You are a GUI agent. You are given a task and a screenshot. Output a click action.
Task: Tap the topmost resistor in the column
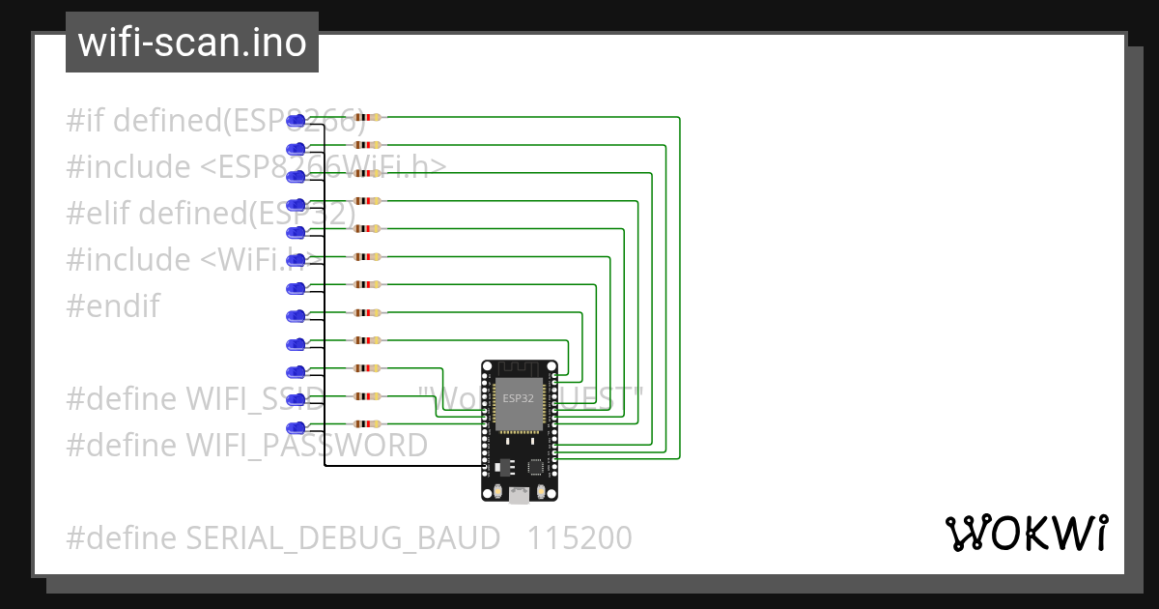(367, 117)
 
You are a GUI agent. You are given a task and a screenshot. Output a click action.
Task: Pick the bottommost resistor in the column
(367, 423)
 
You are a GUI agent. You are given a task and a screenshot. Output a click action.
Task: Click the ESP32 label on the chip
(518, 398)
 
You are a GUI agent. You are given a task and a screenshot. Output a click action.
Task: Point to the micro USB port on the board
(520, 496)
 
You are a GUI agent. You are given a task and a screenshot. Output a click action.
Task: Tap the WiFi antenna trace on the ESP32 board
(520, 369)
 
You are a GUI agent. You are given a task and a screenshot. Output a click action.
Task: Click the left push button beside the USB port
(495, 493)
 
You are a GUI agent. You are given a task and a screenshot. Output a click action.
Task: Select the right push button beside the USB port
(543, 493)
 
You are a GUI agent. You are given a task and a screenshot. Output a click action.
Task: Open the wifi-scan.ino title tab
(192, 43)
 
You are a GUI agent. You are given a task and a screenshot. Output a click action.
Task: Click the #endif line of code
(112, 306)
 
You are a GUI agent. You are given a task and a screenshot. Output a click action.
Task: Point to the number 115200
(579, 537)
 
